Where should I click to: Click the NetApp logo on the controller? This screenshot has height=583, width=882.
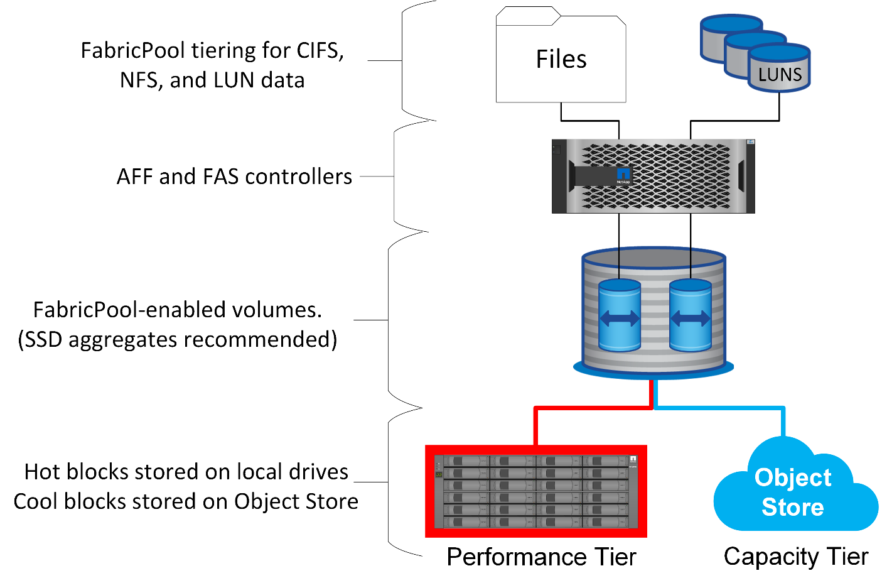click(623, 175)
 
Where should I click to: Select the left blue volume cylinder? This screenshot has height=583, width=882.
click(620, 316)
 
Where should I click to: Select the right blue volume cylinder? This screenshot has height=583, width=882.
click(691, 316)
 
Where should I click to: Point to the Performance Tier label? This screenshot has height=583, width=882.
click(541, 557)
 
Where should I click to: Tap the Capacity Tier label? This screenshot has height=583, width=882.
click(796, 557)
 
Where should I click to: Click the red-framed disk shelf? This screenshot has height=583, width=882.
click(536, 491)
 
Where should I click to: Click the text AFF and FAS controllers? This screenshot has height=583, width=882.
click(234, 177)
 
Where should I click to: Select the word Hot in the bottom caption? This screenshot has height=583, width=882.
click(43, 472)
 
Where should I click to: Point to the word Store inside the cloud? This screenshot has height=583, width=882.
click(793, 507)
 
